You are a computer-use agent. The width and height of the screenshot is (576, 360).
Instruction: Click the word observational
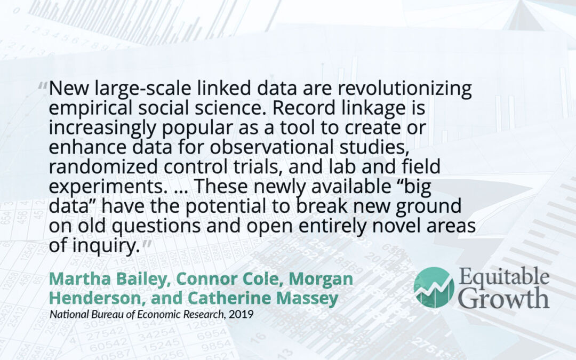pyautogui.click(x=271, y=147)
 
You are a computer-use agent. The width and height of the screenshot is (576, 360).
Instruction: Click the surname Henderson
pyautogui.click(x=94, y=298)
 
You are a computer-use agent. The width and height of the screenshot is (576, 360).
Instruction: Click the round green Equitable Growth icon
pyautogui.click(x=434, y=287)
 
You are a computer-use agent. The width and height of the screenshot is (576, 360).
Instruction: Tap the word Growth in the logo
pyautogui.click(x=504, y=298)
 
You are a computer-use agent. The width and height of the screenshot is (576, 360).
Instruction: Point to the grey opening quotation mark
pyautogui.click(x=43, y=87)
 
